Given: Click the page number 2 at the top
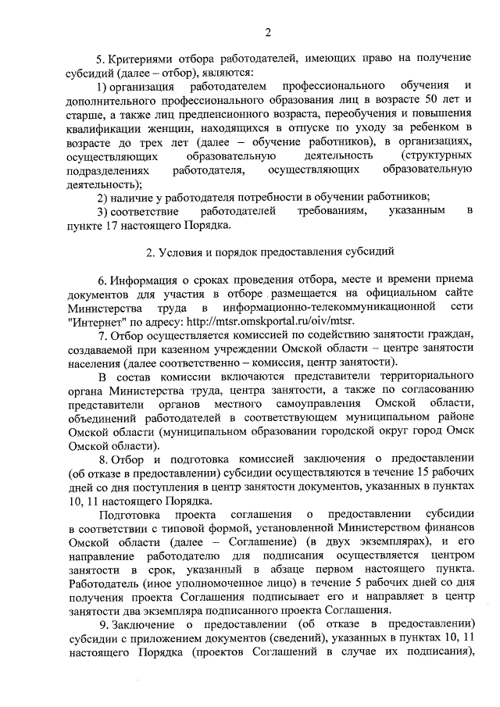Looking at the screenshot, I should coord(267,32).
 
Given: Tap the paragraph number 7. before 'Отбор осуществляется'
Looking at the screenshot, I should coord(102,335).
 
